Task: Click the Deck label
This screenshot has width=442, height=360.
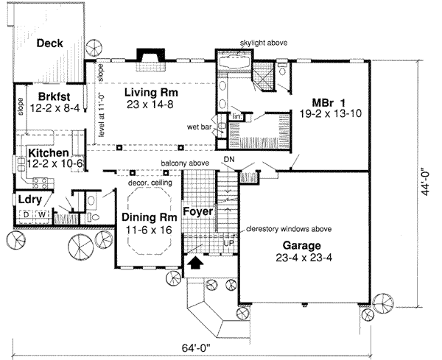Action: coord(51,43)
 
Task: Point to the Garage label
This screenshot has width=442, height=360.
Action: coord(299,246)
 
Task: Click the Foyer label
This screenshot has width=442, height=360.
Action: coord(197,211)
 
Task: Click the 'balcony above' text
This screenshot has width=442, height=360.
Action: coord(187,162)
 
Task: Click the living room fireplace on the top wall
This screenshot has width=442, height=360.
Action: coord(149,57)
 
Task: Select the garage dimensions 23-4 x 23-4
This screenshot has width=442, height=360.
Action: coord(299,258)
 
